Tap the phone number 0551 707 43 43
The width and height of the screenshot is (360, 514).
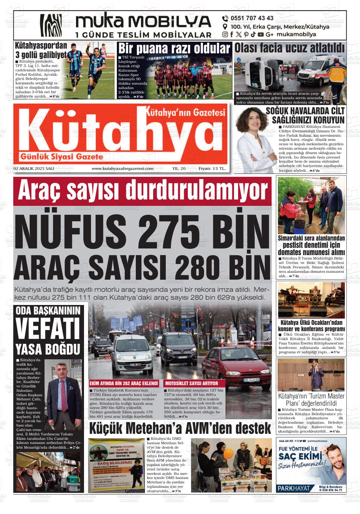pyautogui.click(x=252, y=18)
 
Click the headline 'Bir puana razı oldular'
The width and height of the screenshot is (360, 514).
pyautogui.click(x=174, y=49)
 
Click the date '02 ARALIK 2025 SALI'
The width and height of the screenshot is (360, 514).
pyautogui.click(x=33, y=169)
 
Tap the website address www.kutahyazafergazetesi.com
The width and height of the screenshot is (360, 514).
pyautogui.click(x=123, y=169)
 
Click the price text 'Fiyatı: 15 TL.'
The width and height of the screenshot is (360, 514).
pyautogui.click(x=212, y=169)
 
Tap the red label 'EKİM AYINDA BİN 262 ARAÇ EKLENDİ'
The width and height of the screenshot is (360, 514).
pyautogui.click(x=124, y=383)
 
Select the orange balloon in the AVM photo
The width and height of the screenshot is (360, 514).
pyautogui.click(x=227, y=453)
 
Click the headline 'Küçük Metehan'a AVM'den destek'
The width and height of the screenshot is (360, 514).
pyautogui.click(x=180, y=429)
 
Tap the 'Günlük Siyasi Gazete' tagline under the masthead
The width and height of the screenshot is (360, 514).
pyautogui.click(x=62, y=157)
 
